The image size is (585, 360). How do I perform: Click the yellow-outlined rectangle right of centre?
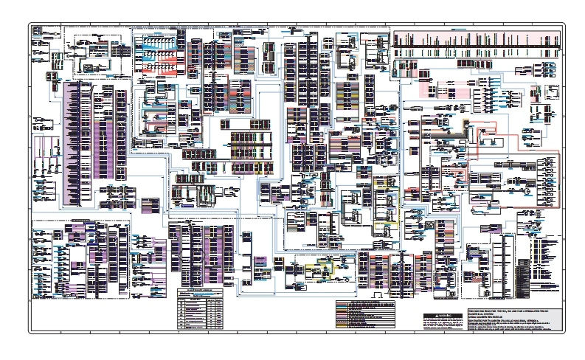click(385, 199)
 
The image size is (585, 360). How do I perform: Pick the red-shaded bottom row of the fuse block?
click(159, 74)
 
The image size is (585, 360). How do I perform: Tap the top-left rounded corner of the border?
click(31, 25)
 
